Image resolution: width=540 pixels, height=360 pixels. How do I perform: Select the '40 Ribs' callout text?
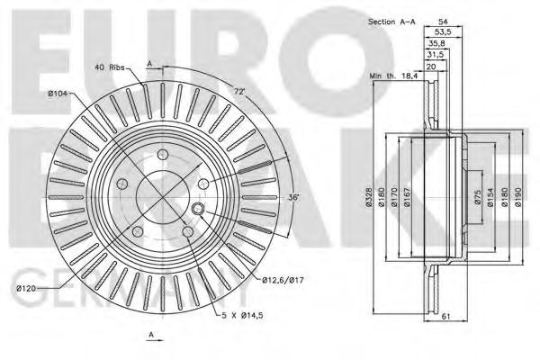click(x=111, y=67)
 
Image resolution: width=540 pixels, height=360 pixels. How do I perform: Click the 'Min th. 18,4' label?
click(x=394, y=77)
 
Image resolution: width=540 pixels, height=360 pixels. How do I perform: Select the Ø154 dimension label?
click(x=490, y=199)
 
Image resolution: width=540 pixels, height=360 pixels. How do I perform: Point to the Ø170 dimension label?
click(x=395, y=202)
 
